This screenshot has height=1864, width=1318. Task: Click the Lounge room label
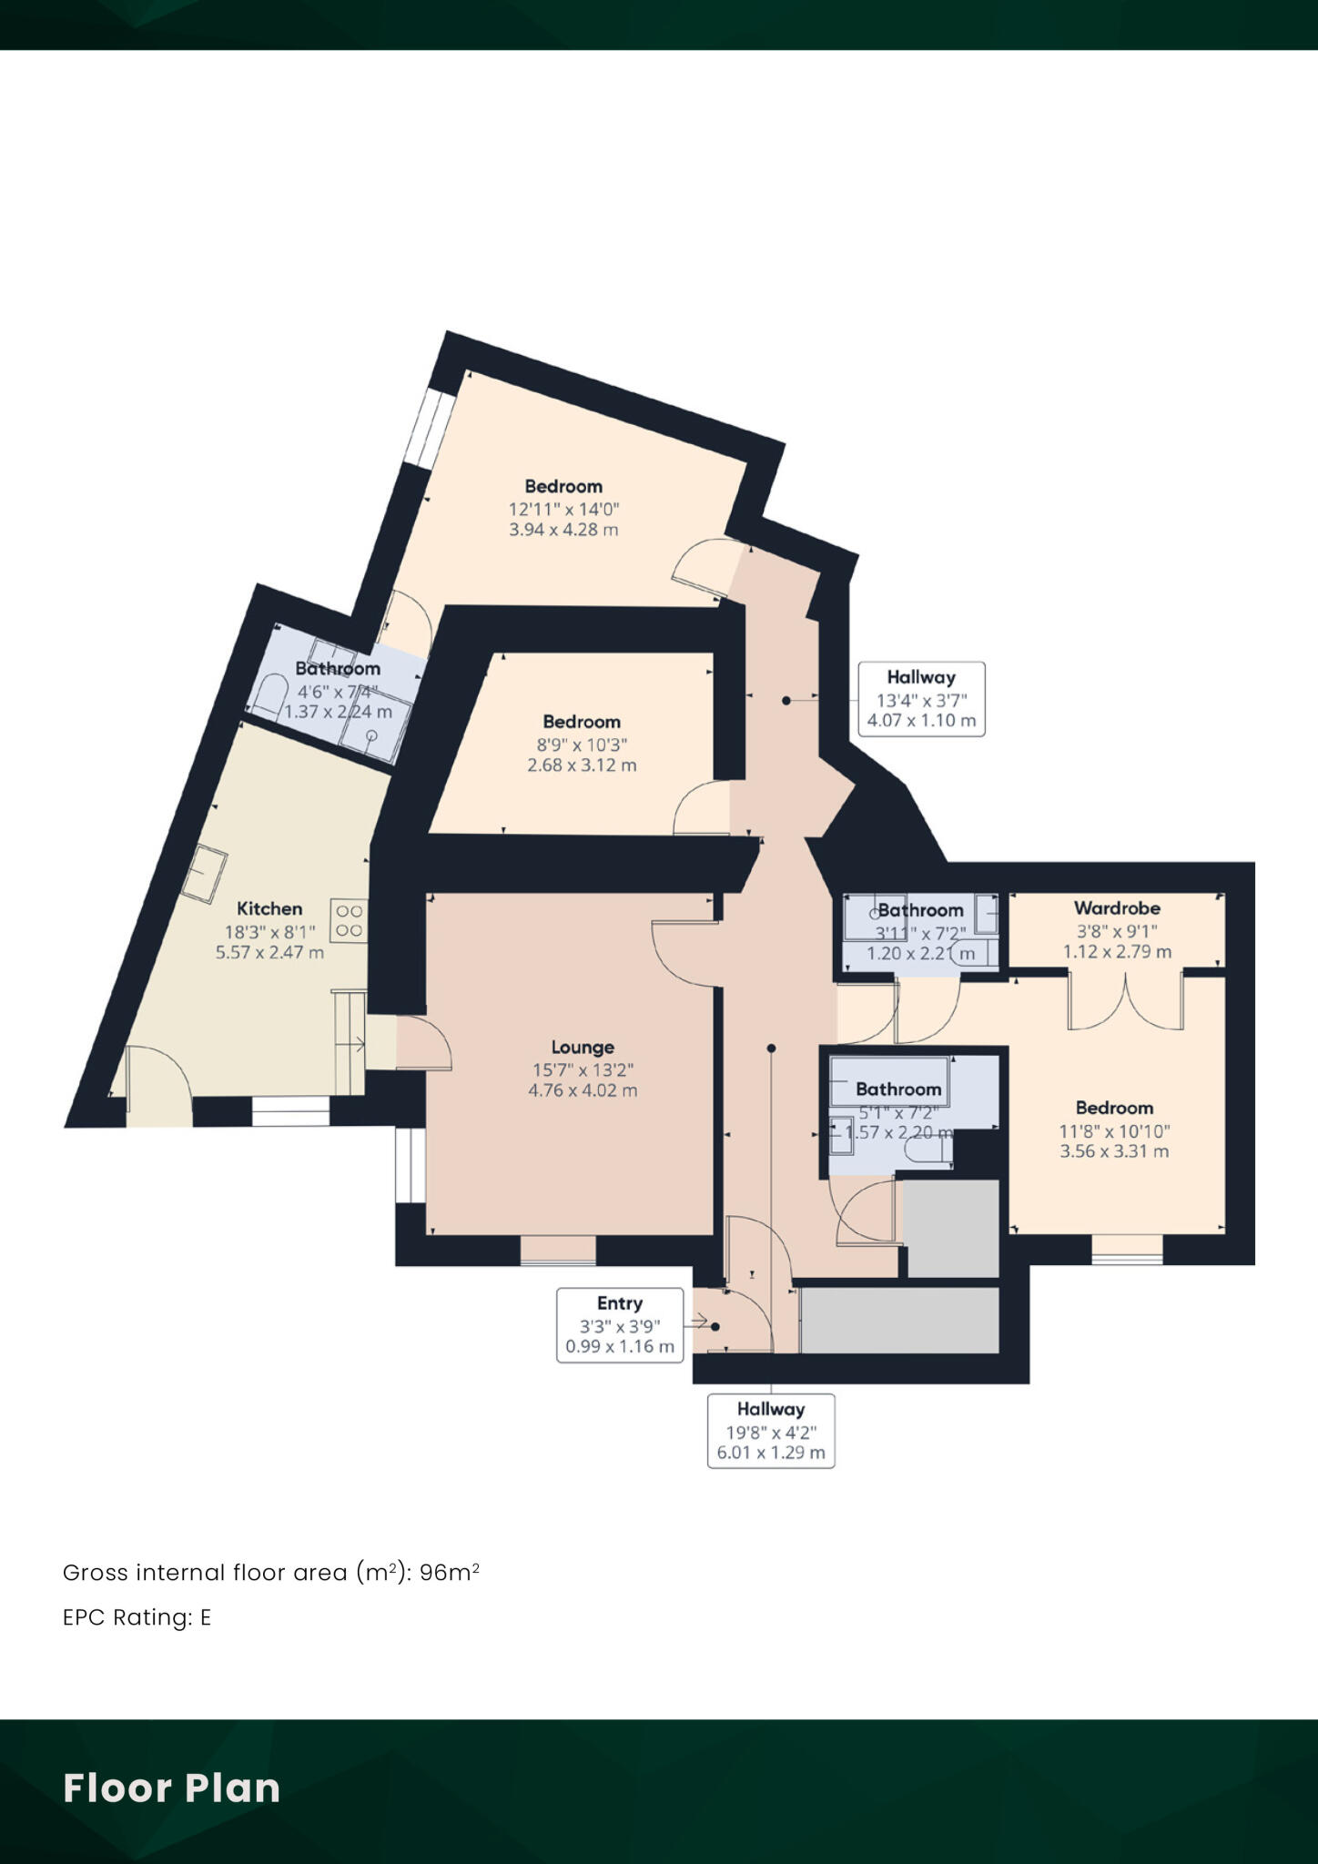[583, 1048]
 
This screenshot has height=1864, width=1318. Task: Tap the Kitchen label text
[269, 908]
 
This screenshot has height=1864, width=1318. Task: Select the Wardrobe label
[1117, 908]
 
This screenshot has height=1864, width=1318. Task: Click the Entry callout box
[620, 1324]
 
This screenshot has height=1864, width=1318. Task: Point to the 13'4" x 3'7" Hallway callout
[921, 699]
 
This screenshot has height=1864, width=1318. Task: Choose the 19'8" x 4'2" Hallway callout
[771, 1430]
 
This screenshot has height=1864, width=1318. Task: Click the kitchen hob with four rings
[350, 920]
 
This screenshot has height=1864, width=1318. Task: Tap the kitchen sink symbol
[206, 872]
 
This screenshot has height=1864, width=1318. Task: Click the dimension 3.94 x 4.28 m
[563, 530]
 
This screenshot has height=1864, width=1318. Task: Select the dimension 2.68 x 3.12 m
[582, 765]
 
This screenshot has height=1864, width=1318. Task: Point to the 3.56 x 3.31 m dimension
[1114, 1151]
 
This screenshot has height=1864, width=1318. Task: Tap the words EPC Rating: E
[137, 1617]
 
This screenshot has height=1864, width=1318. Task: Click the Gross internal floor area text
[270, 1572]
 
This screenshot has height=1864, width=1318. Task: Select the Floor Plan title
[171, 1788]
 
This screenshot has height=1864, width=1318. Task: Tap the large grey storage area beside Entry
[899, 1320]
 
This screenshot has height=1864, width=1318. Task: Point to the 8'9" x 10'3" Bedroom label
[581, 722]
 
